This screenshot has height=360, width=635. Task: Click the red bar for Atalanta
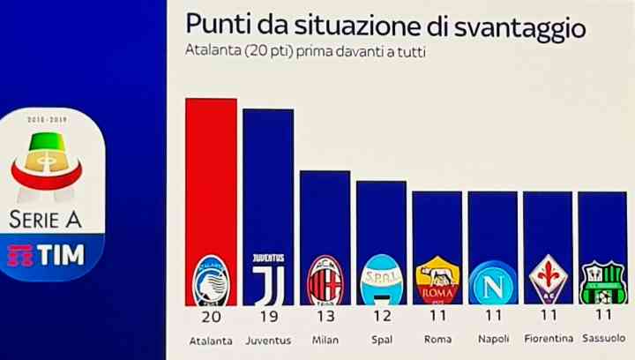[211, 176]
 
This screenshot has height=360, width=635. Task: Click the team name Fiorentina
[548, 339]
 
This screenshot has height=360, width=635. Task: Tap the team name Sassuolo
[603, 339]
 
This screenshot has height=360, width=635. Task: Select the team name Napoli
[493, 339]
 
